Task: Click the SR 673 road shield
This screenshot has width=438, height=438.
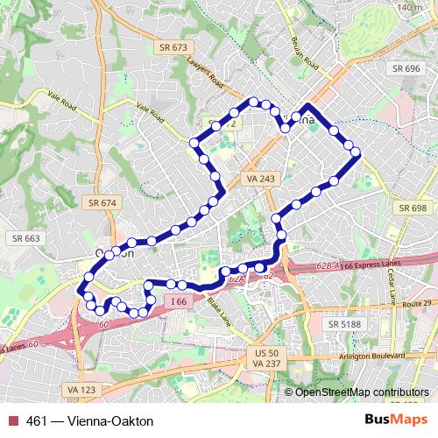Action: tap(173, 46)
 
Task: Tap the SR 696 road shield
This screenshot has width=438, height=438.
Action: tap(406, 67)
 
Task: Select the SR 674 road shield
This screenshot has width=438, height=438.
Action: tap(102, 202)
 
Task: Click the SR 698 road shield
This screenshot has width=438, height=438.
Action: tap(411, 208)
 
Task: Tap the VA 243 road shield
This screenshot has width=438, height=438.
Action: tap(260, 178)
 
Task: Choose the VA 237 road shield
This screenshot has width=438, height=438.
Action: tap(264, 363)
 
